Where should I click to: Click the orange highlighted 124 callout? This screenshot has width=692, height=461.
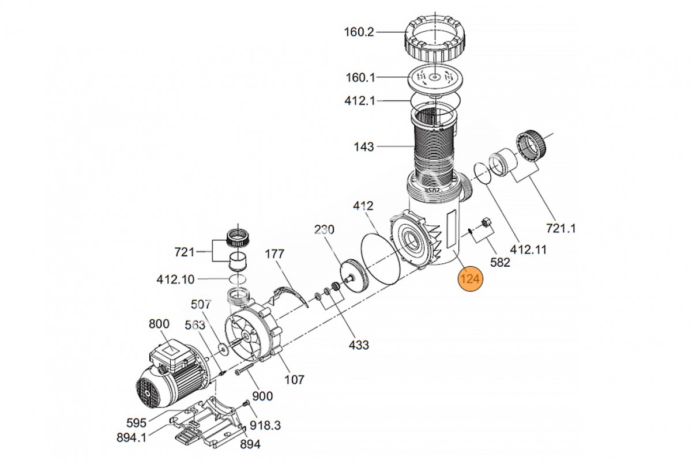pos(470,279)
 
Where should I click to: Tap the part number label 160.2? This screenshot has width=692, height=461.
pos(359,32)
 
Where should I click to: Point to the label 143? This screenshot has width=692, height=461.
pos(364,147)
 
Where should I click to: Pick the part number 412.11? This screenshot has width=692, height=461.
pos(528,249)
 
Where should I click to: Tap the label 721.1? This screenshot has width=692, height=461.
pos(561,229)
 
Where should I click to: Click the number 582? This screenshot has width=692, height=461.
pos(500,262)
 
